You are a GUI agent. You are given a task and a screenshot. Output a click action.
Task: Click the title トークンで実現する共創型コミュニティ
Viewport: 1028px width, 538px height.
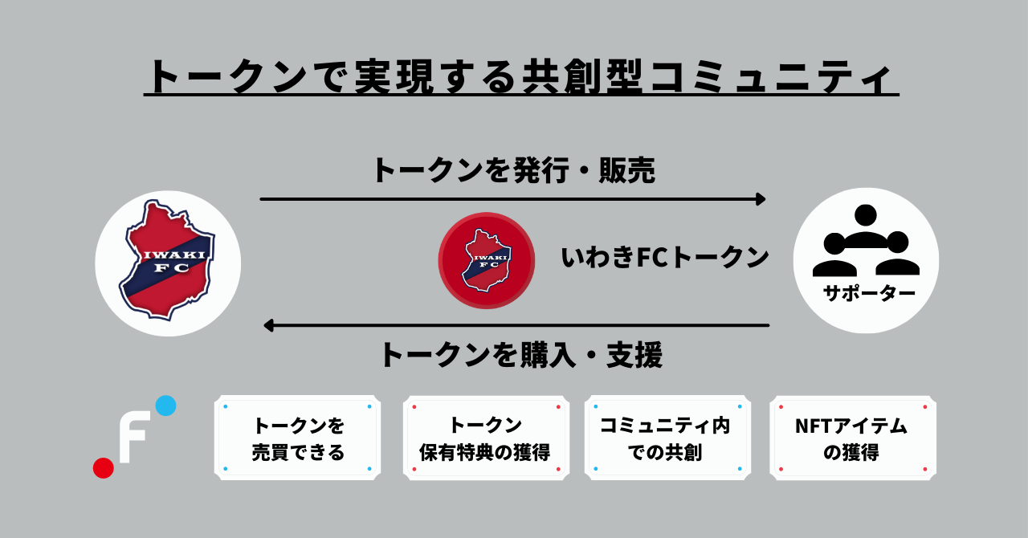pyautogui.click(x=520, y=78)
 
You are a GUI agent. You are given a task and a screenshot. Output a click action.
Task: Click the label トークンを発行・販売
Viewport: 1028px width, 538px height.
pyautogui.click(x=513, y=170)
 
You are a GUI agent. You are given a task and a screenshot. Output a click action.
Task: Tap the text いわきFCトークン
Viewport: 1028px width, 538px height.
pyautogui.click(x=665, y=257)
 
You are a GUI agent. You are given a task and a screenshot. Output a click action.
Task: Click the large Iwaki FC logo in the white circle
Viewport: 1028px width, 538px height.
pyautogui.click(x=167, y=261)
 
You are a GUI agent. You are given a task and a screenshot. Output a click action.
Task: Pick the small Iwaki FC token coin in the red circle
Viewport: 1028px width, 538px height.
pyautogui.click(x=486, y=260)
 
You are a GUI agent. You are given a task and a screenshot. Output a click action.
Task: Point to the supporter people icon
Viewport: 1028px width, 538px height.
pyautogui.click(x=866, y=242)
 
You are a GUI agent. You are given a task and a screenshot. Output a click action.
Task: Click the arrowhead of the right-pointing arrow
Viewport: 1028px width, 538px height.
pyautogui.click(x=761, y=198)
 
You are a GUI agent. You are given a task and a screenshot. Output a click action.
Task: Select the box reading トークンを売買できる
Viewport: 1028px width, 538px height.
pyautogui.click(x=298, y=438)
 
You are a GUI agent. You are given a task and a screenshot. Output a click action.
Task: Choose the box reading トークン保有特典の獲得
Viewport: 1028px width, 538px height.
pyautogui.click(x=485, y=438)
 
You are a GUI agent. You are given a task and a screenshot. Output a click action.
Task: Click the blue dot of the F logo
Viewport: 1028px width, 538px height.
pyautogui.click(x=165, y=406)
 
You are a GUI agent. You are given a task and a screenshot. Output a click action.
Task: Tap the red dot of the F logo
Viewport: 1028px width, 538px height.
pyautogui.click(x=104, y=467)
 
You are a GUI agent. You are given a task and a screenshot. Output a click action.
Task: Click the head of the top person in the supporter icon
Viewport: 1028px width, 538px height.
pyautogui.click(x=866, y=214)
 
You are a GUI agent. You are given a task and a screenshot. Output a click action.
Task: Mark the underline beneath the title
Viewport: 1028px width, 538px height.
pyautogui.click(x=520, y=96)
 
